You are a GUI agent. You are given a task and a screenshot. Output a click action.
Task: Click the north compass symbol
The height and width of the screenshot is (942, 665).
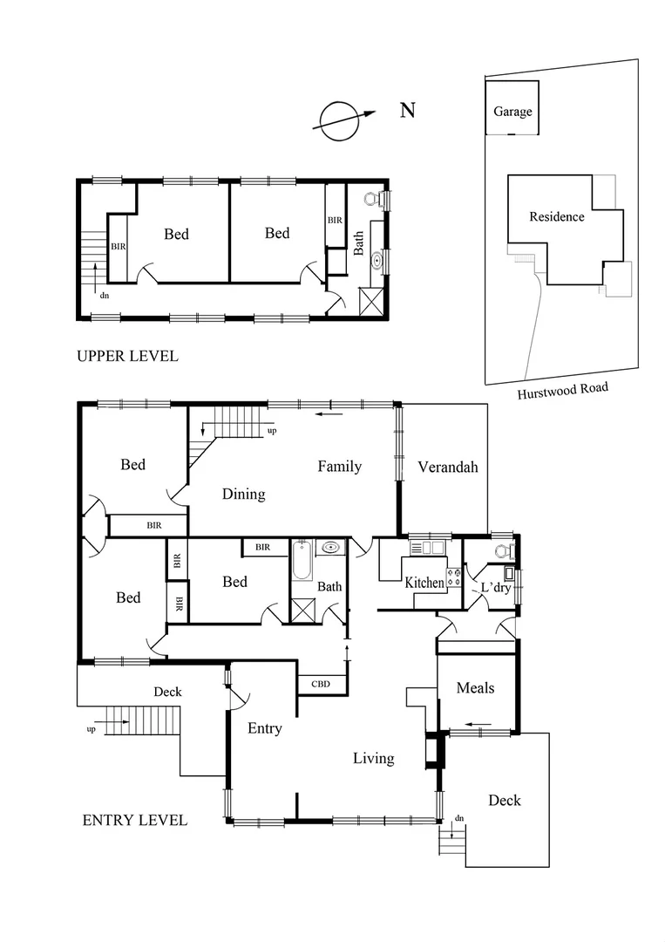pyautogui.click(x=339, y=120)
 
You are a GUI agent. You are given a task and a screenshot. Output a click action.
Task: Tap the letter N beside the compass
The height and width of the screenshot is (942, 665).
pyautogui.click(x=407, y=110)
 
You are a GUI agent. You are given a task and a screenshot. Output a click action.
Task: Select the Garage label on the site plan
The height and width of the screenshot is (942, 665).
pyautogui.click(x=512, y=112)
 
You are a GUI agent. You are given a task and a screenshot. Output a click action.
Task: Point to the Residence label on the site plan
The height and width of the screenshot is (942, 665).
pyautogui.click(x=557, y=216)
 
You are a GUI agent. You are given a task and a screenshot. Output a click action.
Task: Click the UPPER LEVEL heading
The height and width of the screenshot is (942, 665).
pyautogui.click(x=127, y=356)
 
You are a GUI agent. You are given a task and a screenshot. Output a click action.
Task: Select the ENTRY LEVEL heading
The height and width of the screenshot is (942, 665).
pyautogui.click(x=134, y=820)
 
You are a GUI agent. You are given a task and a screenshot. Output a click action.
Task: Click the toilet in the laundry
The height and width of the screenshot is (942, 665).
pyautogui.click(x=504, y=550)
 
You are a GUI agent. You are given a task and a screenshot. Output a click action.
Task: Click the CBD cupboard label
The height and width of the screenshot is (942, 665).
pyautogui.click(x=321, y=684)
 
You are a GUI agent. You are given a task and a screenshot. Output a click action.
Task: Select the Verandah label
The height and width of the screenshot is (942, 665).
pyautogui.click(x=448, y=467)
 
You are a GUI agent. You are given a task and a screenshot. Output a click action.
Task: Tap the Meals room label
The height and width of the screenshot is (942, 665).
pyautogui.click(x=475, y=688)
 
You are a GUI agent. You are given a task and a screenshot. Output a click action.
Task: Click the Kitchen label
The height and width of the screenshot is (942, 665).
pyautogui.click(x=424, y=583)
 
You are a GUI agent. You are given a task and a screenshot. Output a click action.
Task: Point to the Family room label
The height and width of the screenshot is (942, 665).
pyautogui.click(x=339, y=467)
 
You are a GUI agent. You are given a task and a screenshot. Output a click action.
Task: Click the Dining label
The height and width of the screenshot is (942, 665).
pyautogui.click(x=243, y=494)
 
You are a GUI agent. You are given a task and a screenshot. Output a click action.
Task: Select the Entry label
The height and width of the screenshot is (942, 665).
pyautogui.click(x=264, y=728)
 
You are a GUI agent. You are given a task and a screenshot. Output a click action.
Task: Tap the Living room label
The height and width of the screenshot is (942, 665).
pyautogui.click(x=373, y=758)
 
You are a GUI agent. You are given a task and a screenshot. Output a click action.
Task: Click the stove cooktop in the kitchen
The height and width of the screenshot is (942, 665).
pyautogui.click(x=453, y=577)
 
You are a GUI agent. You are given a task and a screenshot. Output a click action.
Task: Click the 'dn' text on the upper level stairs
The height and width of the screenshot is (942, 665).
pyautogui.click(x=105, y=296)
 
